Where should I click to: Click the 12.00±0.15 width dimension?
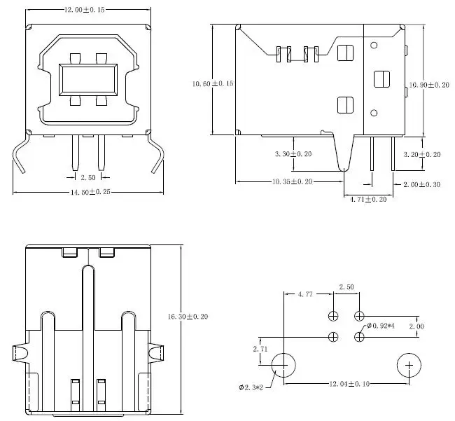point(84,10)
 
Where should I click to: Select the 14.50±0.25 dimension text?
point(90,192)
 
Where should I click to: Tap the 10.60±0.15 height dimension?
point(213,83)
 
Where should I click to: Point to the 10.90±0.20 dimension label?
point(429,85)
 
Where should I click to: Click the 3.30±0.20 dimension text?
point(293,153)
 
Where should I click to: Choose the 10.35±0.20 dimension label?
point(292,181)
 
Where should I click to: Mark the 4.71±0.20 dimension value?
point(368,199)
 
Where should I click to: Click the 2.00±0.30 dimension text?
point(421,184)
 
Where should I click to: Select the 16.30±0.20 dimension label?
point(188,317)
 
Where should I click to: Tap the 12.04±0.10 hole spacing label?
point(349,384)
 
